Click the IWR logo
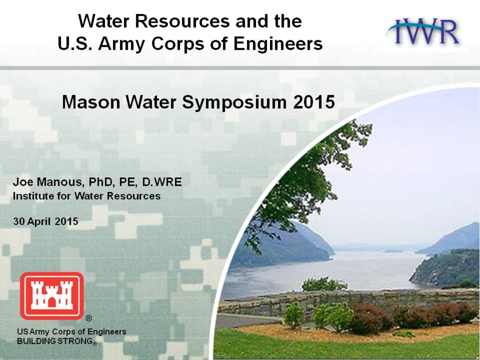tap(423, 31)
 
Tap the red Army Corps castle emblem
tap(52, 296)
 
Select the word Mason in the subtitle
tap(91, 102)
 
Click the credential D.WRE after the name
tap(162, 182)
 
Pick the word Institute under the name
tap(33, 196)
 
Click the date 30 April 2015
tap(45, 221)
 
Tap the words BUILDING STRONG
tap(55, 341)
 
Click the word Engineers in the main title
tap(278, 44)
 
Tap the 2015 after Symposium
tap(314, 102)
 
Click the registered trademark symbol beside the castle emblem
tap(89, 319)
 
